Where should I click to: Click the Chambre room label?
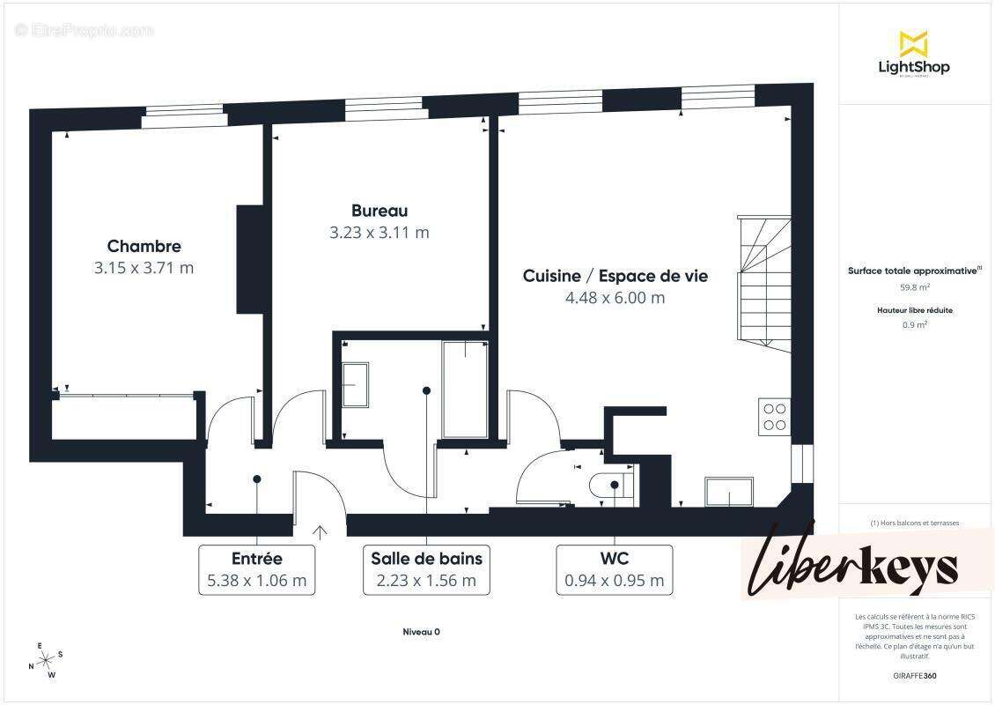point(144,247)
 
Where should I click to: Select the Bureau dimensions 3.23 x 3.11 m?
point(379,233)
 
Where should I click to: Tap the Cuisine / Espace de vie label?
point(615,276)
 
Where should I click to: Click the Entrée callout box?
point(256,569)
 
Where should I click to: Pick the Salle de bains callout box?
point(426,569)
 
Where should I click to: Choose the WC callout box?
point(614,569)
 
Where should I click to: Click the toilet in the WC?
point(613,486)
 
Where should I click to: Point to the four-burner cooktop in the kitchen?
point(774,416)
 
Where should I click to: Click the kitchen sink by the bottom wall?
point(727,492)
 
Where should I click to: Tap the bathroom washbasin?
point(356,384)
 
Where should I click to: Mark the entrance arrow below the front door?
point(320,531)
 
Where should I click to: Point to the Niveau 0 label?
point(421,631)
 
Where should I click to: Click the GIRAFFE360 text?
point(915,675)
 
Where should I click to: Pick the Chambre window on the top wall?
point(183,115)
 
